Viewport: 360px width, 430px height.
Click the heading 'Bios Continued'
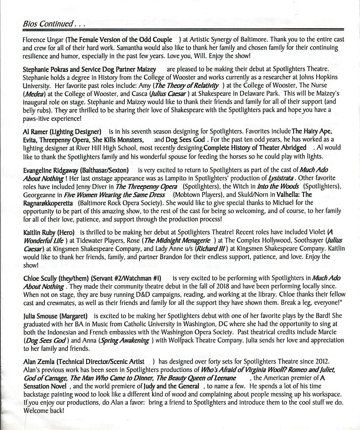(48, 24)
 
